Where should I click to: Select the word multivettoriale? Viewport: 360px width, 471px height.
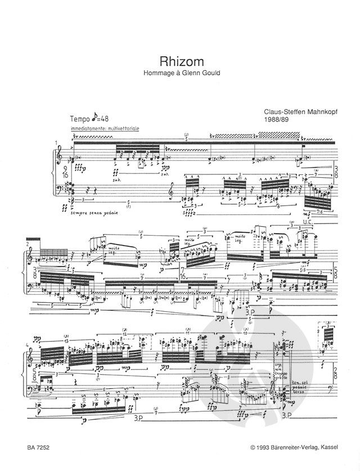121,129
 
